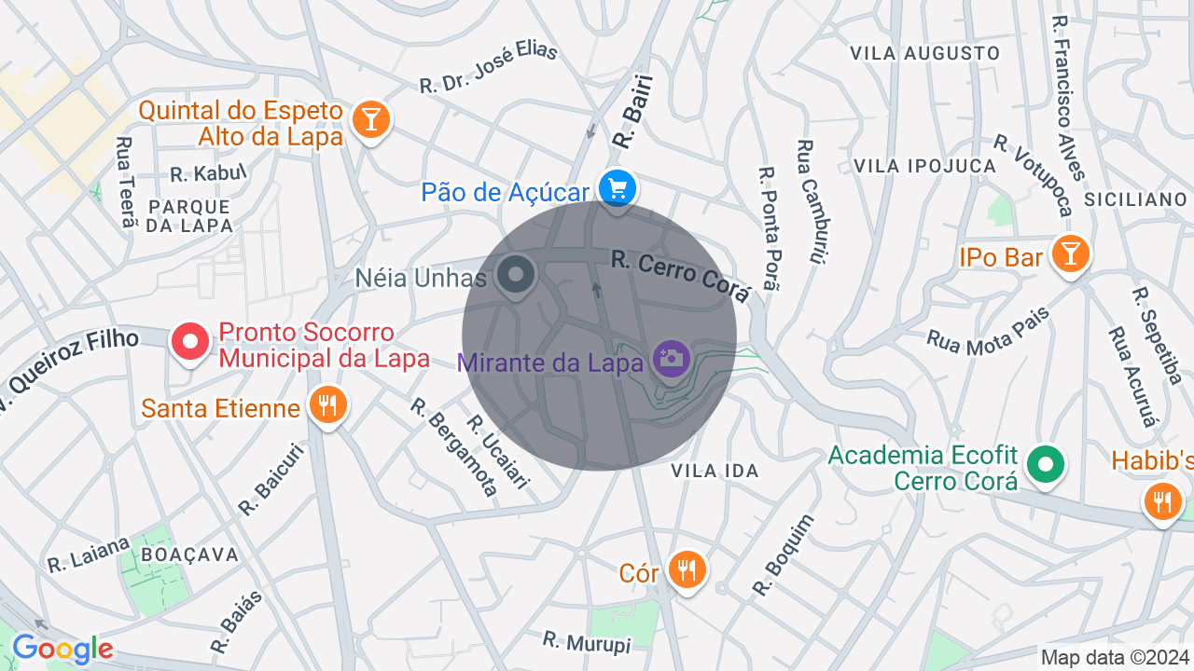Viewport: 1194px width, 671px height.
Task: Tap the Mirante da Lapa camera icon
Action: pyautogui.click(x=671, y=358)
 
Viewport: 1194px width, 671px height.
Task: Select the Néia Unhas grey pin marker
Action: pyautogui.click(x=514, y=275)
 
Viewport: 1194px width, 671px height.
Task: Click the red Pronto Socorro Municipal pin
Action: pyautogui.click(x=190, y=341)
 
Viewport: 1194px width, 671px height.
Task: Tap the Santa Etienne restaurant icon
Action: pyautogui.click(x=327, y=405)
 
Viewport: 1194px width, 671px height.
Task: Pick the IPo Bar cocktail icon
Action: pyautogui.click(x=1070, y=253)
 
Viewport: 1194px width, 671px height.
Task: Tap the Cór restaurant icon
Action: pyautogui.click(x=687, y=568)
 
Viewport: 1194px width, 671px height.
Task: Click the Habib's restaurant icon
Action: pyautogui.click(x=1162, y=500)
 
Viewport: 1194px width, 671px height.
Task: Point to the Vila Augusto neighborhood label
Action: pyautogui.click(x=924, y=53)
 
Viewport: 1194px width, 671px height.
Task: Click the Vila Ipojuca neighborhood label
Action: pyautogui.click(x=925, y=166)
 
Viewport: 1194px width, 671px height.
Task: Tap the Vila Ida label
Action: pyautogui.click(x=715, y=472)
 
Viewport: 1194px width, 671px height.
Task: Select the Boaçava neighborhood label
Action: pyautogui.click(x=190, y=555)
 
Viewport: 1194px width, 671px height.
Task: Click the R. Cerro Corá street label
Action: pyautogui.click(x=681, y=275)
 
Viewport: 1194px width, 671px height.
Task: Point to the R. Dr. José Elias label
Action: pyautogui.click(x=488, y=65)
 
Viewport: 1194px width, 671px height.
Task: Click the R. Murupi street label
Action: pyautogui.click(x=587, y=642)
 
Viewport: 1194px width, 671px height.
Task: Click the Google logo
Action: pyautogui.click(x=62, y=649)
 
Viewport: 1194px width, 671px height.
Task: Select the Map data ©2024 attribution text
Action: pyautogui.click(x=1115, y=658)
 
